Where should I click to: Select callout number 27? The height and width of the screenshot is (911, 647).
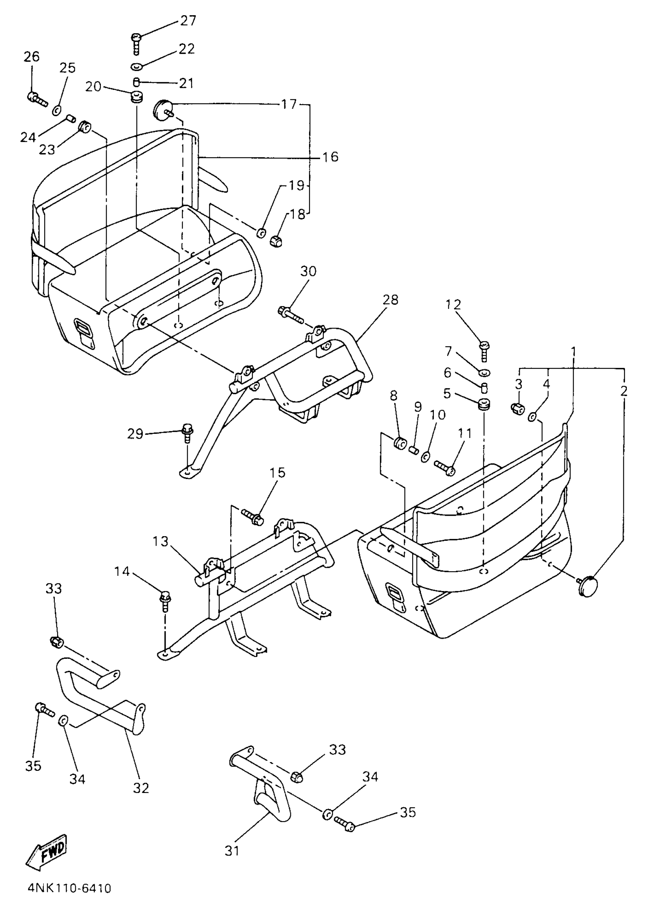coord(188,20)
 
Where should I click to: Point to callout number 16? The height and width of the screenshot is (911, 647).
coord(330,157)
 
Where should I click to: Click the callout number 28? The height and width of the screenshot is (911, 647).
coord(390,299)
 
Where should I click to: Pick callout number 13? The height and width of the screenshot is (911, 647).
coord(161,542)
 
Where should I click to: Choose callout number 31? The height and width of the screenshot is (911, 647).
coord(232,851)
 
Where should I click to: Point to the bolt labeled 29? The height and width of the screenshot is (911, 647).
coord(187,433)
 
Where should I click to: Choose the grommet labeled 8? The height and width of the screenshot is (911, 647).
coord(400,443)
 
